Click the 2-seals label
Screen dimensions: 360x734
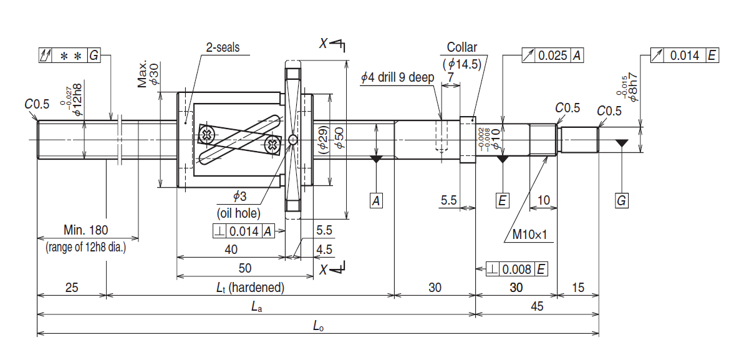point(223,47)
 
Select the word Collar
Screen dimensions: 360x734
point(462,47)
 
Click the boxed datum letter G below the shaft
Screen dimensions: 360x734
point(621,201)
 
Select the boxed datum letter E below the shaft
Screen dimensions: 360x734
point(502,201)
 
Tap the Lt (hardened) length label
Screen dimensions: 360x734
point(250,288)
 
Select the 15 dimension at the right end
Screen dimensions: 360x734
point(578,288)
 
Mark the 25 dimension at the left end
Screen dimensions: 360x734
point(72,288)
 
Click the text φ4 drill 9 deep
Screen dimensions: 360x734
point(397,77)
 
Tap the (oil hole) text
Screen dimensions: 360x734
point(238,213)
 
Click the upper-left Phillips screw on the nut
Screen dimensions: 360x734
point(206,133)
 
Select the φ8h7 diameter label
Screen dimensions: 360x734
point(631,87)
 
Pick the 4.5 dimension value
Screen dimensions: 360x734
point(324,248)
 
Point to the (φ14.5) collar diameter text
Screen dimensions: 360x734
point(462,63)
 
